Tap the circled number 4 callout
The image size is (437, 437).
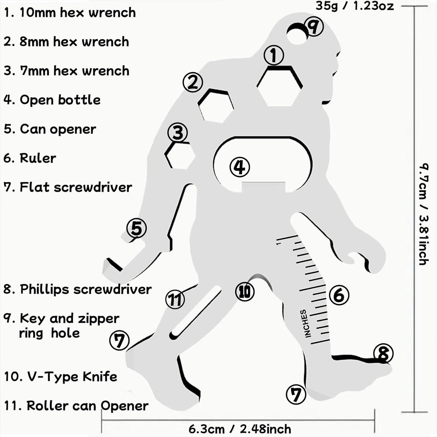(x=239, y=167)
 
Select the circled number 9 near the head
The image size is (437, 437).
(x=314, y=27)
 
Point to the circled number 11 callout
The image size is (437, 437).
(x=175, y=299)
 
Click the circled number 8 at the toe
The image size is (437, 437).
(x=383, y=353)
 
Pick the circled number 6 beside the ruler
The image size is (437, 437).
(x=339, y=295)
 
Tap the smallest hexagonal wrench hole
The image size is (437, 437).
(x=180, y=156)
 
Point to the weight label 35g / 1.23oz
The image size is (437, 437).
(x=355, y=6)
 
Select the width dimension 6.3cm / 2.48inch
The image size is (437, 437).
(x=240, y=428)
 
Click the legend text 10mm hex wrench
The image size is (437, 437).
(x=70, y=12)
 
